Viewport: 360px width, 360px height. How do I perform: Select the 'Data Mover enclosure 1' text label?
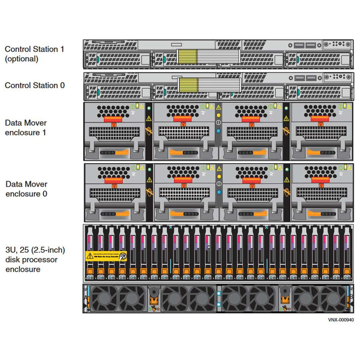[x=26, y=128]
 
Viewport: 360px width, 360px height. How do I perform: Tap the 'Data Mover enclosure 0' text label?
[x=26, y=189]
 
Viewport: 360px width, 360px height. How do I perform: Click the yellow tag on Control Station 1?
[x=187, y=56]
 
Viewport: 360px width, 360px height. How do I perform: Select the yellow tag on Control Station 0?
[x=189, y=85]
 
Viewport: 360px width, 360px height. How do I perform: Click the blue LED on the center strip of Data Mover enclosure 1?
[x=218, y=131]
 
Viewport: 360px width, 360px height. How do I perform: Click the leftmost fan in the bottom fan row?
[x=104, y=297]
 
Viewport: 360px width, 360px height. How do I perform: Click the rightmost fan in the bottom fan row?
[x=333, y=297]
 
